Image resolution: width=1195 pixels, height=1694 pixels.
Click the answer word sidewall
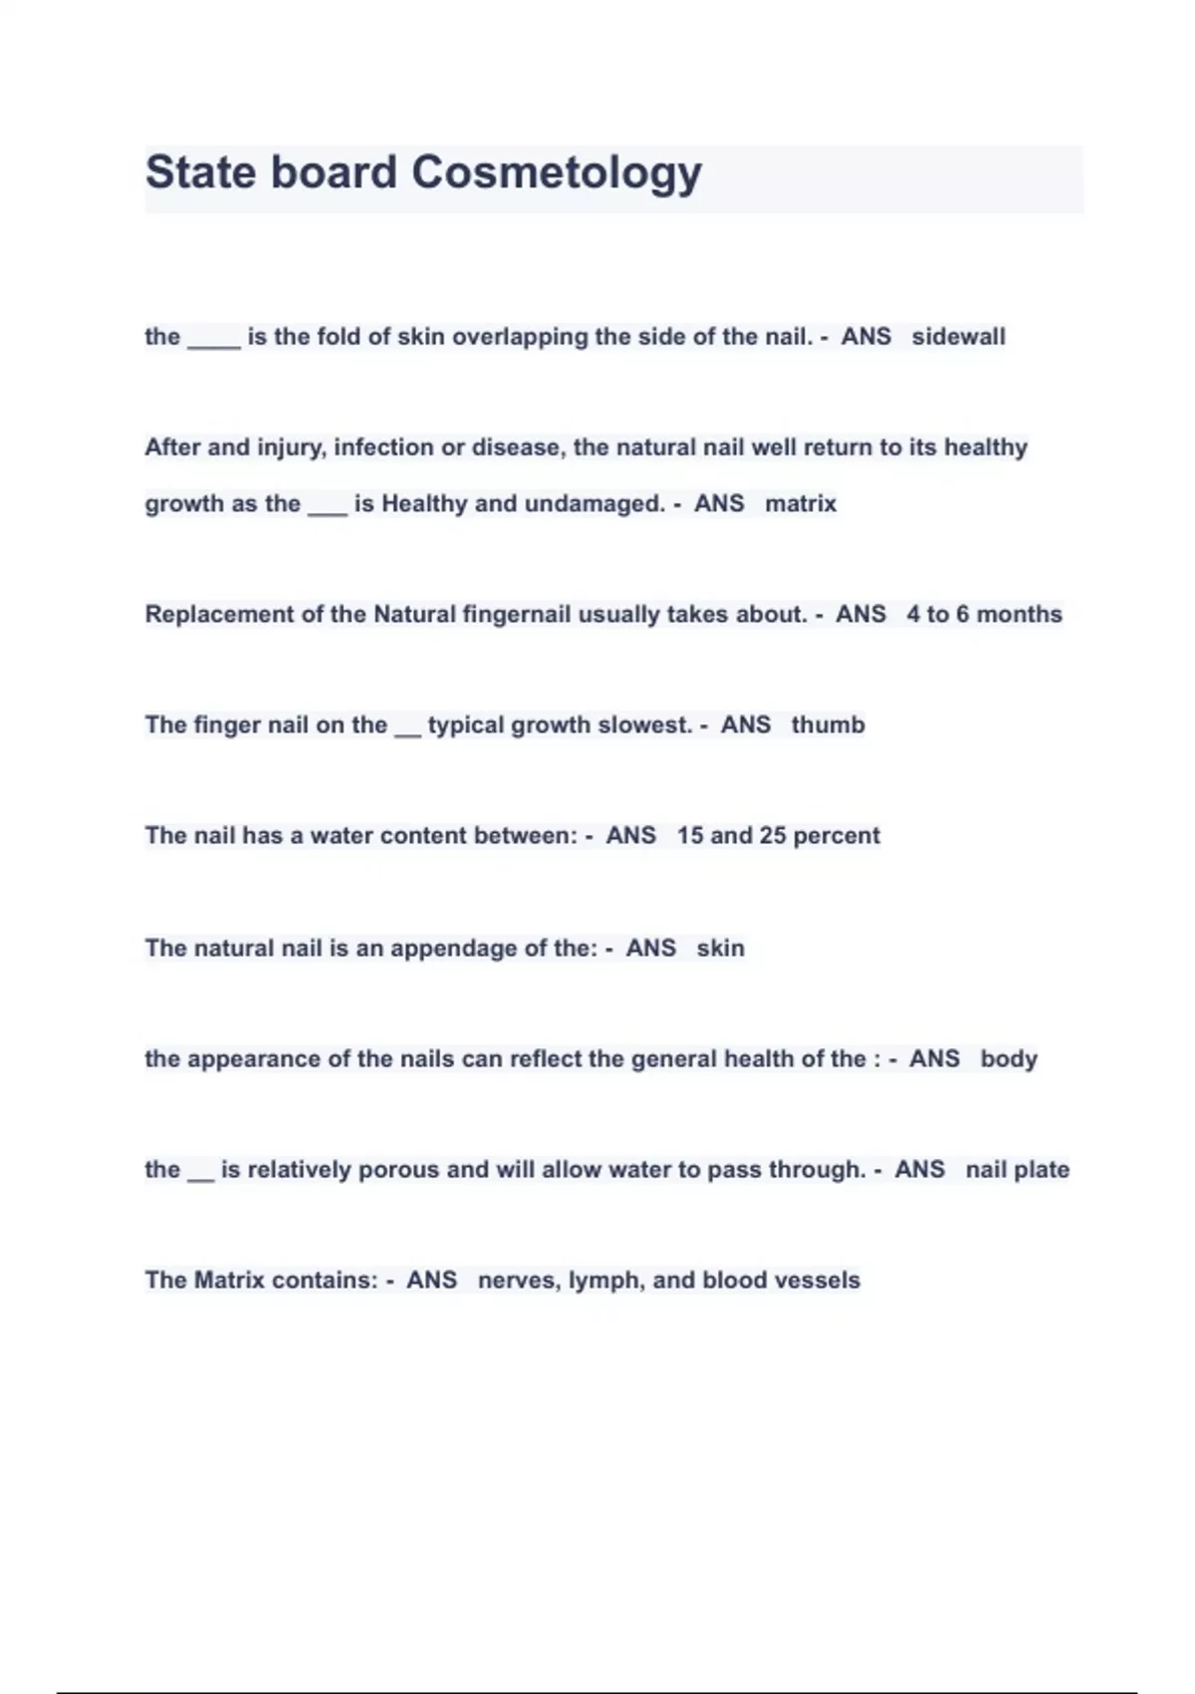958,337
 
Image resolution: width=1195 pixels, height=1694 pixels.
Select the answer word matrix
801,503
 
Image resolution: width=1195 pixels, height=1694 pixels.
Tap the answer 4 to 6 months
984,614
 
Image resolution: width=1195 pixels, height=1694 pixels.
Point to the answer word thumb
828,724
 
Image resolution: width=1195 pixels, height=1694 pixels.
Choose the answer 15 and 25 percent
778,835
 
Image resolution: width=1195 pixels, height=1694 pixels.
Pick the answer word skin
720,948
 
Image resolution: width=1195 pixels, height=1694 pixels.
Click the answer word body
1008,1058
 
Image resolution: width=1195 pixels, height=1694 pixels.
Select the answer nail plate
1017,1169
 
